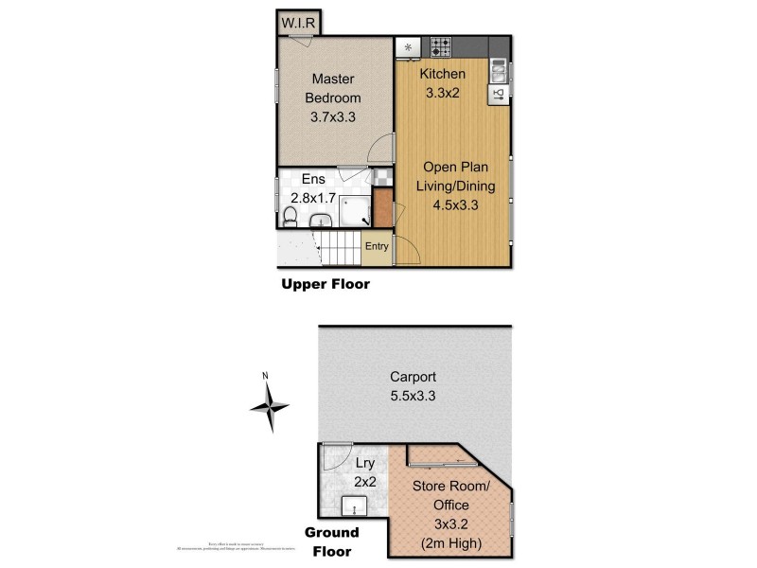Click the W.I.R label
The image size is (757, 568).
(x=299, y=22)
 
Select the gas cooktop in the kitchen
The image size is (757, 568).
(x=441, y=44)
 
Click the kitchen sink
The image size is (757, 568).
(x=499, y=69)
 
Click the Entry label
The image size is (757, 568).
(x=377, y=247)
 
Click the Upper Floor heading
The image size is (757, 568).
(x=325, y=284)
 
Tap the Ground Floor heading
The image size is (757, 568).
(x=330, y=541)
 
